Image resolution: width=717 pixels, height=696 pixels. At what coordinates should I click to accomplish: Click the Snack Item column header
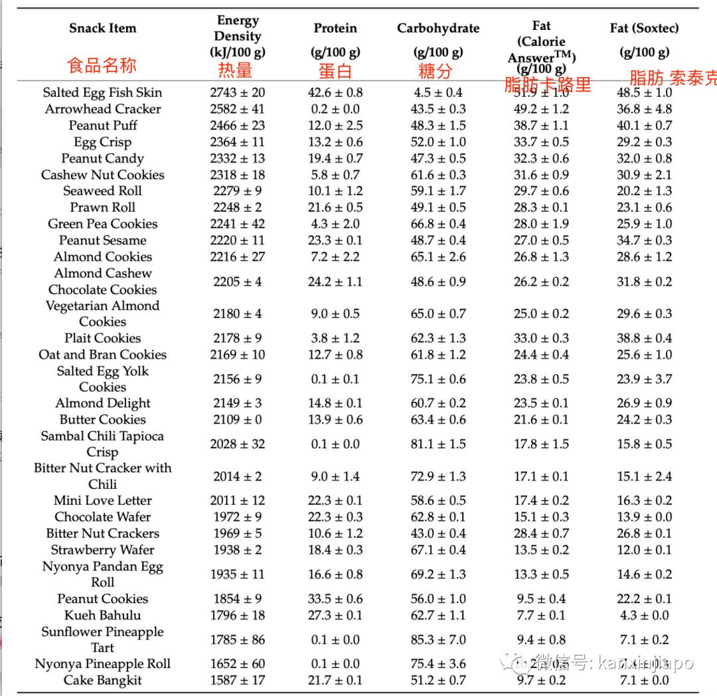[x=102, y=28]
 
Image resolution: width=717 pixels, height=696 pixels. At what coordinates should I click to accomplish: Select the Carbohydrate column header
[x=438, y=28]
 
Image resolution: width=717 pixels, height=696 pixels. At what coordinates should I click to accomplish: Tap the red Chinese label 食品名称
[x=102, y=65]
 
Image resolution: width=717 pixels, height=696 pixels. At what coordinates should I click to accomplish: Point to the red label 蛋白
[x=335, y=71]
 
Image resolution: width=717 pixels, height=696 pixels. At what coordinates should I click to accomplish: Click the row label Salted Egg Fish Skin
[x=102, y=92]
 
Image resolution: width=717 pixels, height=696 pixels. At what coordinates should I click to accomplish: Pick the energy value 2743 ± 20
[x=237, y=92]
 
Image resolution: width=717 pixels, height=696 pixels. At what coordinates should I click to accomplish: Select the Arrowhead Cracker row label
[x=102, y=109]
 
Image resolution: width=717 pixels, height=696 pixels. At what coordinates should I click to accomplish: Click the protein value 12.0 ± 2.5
[x=335, y=126]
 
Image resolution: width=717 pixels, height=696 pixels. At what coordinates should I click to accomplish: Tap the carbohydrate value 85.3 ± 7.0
[x=438, y=640]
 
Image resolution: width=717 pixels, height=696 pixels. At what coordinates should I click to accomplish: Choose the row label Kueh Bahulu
[x=102, y=615]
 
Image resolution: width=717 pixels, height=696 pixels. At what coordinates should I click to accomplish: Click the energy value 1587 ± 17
[x=237, y=680]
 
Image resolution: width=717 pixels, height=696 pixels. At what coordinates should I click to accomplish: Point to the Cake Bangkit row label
[x=102, y=680]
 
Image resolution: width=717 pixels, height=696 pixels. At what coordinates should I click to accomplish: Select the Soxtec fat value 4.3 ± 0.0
[x=644, y=615]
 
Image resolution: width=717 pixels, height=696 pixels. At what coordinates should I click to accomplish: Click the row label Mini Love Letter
[x=102, y=500]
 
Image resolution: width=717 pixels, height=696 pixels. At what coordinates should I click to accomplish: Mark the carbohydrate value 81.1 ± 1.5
[x=438, y=444]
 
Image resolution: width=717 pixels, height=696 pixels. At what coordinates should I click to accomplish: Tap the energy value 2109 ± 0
[x=237, y=419]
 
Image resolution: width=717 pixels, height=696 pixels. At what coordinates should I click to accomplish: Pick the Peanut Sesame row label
[x=102, y=240]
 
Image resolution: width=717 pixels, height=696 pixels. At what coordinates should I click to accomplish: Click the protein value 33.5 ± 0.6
[x=335, y=598]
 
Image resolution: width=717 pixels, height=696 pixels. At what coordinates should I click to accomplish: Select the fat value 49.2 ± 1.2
[x=541, y=109]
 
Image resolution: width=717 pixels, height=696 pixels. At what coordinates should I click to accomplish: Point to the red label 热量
[x=236, y=71]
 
